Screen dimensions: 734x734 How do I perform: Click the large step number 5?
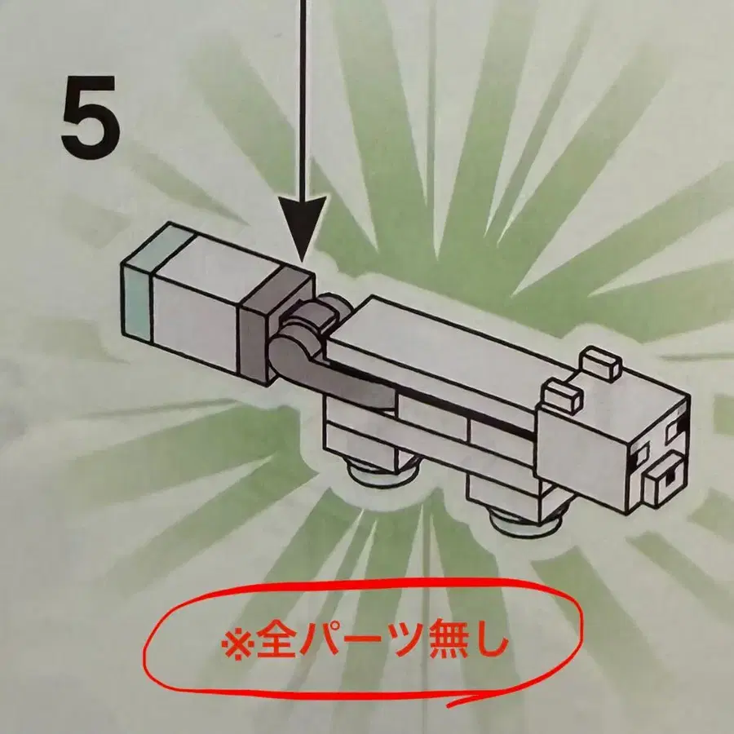90,117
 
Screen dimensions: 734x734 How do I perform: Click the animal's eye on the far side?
676,430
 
